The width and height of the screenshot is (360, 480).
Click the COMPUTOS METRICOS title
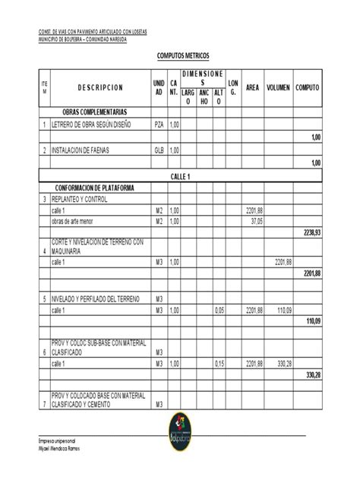[180, 56]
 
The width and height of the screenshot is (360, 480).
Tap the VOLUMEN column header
[277, 88]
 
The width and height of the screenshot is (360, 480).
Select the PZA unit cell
[159, 125]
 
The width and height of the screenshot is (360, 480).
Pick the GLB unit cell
[159, 151]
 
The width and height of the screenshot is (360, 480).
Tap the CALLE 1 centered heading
[180, 176]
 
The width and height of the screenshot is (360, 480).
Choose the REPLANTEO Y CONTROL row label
[86, 199]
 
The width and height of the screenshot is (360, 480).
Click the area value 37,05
[255, 221]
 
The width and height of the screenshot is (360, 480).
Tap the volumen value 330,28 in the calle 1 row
[283, 365]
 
